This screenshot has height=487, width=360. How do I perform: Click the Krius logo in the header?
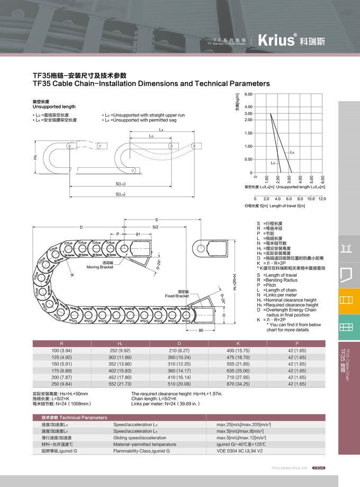tap(276, 40)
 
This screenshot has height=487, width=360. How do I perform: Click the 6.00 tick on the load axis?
tap(248, 94)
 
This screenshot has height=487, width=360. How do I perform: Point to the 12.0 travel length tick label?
tap(322, 199)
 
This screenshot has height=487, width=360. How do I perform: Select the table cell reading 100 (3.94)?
tap(62, 351)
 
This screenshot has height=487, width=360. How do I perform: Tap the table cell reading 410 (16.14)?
tap(179, 377)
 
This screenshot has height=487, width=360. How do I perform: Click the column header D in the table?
tap(179, 344)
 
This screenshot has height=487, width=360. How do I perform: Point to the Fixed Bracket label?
tap(177, 294)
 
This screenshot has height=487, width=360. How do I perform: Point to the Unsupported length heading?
tap(54, 107)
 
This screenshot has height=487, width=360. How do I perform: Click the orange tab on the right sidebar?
tap(346, 300)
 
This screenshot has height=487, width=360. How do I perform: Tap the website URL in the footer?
tap(290, 468)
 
